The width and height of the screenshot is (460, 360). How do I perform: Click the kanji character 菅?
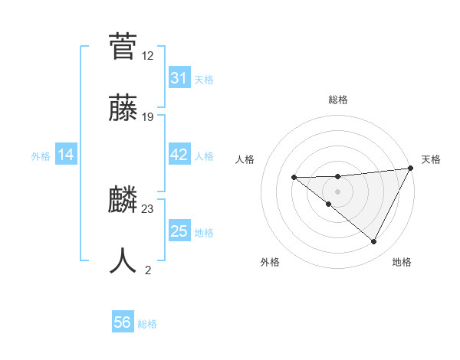[123, 47]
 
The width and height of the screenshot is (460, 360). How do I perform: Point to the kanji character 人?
[123, 260]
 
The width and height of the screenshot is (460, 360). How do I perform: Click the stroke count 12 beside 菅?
[148, 56]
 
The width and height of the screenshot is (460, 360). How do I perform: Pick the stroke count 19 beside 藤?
[148, 117]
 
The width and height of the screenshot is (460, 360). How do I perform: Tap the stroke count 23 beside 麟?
[148, 208]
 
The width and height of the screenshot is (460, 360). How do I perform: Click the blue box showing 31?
[179, 78]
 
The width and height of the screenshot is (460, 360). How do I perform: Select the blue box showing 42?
[179, 155]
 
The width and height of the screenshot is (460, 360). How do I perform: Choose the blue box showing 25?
[179, 231]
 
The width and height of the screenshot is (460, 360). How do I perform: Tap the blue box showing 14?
[66, 155]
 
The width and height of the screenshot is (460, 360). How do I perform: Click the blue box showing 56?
[123, 322]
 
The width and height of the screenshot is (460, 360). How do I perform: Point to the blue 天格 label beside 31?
[204, 79]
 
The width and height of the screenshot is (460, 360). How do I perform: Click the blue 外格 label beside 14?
[41, 156]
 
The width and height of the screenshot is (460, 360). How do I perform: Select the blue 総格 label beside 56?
[147, 323]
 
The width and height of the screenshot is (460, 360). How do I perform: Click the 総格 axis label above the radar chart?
[337, 100]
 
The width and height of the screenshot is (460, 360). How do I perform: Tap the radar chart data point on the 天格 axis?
[412, 169]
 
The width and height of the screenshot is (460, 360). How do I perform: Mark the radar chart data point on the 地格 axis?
[374, 242]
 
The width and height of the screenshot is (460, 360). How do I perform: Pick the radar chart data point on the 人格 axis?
[294, 177]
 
